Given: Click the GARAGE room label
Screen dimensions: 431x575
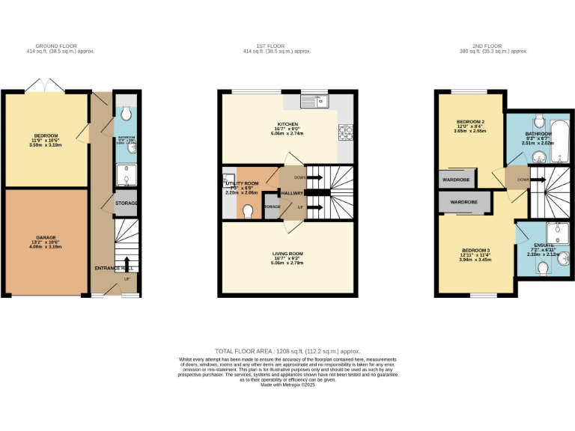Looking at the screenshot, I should pos(46,238).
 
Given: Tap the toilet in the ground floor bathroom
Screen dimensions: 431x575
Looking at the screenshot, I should pos(126,114).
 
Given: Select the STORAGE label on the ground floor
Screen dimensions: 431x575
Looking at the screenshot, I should pos(127,204).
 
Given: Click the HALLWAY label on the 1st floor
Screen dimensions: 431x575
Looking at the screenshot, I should pos(291,192).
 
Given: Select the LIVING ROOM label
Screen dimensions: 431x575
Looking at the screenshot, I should pos(287,254).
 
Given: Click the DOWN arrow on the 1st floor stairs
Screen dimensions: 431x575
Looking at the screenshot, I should pos(299,177).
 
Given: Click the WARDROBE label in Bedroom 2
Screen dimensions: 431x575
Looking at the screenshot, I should pos(456,180).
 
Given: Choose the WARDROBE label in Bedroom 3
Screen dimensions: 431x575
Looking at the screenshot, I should pos(464,202).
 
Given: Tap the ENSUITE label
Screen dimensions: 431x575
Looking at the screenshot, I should pos(544,245).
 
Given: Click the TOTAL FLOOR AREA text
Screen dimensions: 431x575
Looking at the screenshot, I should pos(287,351).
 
